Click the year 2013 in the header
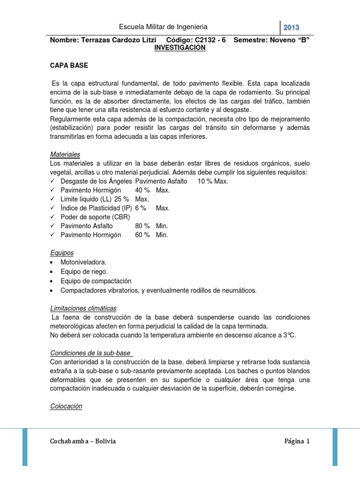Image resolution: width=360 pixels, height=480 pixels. [291, 27]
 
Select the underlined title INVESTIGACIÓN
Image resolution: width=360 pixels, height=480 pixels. [180, 48]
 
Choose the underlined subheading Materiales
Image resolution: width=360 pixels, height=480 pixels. [65, 154]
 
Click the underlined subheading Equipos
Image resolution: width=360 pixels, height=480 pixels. [62, 253]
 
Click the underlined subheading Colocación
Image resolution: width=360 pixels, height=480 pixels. [66, 406]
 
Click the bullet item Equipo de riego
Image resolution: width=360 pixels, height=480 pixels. [84, 271]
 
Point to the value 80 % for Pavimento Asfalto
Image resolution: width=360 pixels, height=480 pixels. [142, 226]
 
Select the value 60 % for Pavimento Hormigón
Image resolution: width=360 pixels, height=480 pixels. [142, 235]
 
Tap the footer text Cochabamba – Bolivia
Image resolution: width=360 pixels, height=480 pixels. [82, 441]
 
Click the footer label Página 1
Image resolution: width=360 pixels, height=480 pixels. [297, 441]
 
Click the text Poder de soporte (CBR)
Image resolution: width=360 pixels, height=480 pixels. [95, 217]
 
